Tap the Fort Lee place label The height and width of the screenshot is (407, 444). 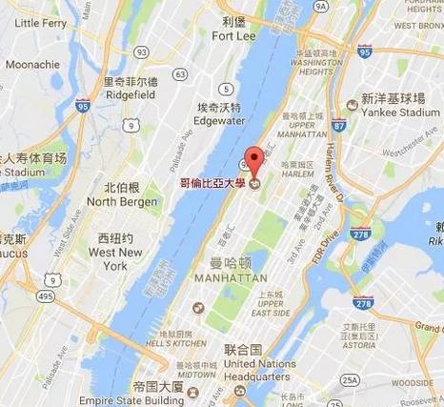click(233, 37)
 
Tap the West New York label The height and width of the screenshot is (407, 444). click(116, 259)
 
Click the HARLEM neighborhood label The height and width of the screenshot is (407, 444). click(272, 175)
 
